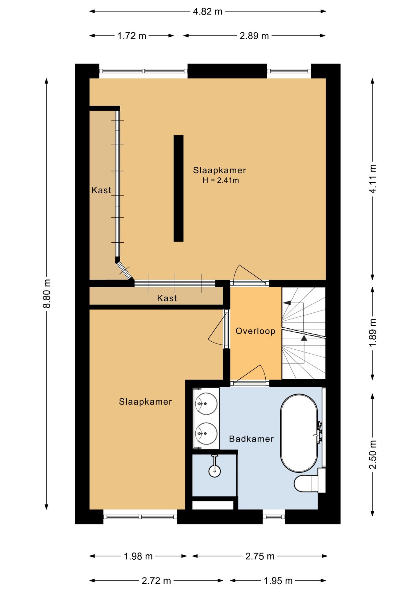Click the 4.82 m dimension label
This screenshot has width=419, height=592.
pyautogui.click(x=207, y=12)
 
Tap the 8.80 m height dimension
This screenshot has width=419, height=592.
pyautogui.click(x=47, y=294)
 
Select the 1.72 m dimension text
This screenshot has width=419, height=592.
pyautogui.click(x=131, y=36)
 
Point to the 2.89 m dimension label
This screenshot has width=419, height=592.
pyautogui.click(x=254, y=36)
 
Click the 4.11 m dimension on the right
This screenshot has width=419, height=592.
pyautogui.click(x=373, y=179)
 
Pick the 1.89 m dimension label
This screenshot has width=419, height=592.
pyautogui.click(x=373, y=333)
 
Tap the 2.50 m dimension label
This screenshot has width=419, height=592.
pyautogui.click(x=373, y=455)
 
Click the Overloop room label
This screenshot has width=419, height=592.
pyautogui.click(x=255, y=331)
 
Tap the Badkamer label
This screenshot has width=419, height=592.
pyautogui.click(x=251, y=439)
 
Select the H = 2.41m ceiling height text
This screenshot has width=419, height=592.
pyautogui.click(x=221, y=181)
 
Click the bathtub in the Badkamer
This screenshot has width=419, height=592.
pyautogui.click(x=299, y=433)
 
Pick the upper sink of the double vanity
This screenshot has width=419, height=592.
pyautogui.click(x=206, y=404)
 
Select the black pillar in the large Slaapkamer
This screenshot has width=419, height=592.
pyautogui.click(x=178, y=188)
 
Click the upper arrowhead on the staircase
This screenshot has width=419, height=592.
pyautogui.click(x=287, y=303)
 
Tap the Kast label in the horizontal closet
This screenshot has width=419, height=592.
pyautogui.click(x=167, y=298)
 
